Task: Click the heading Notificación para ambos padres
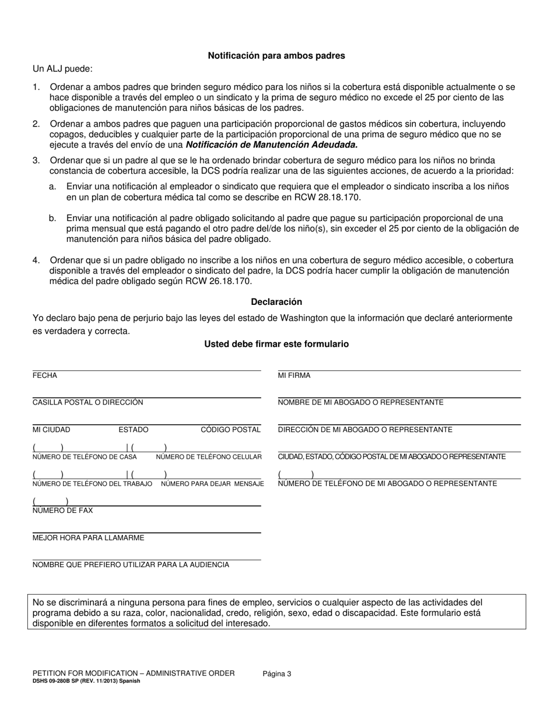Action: tap(276, 56)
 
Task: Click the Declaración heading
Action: tap(276, 302)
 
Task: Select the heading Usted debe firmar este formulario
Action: tap(276, 345)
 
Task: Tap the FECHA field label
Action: tap(45, 375)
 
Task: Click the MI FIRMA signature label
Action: tap(294, 375)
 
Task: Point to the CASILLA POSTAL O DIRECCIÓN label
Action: tap(87, 402)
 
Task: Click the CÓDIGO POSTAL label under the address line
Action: tap(231, 430)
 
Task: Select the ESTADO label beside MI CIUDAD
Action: tap(134, 430)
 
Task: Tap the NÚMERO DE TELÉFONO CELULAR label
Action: tap(209, 457)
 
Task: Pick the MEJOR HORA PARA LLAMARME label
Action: tap(88, 537)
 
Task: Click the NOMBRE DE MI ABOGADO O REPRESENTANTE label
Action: tap(360, 402)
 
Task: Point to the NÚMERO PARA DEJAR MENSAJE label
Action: tap(212, 484)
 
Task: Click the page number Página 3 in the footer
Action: tap(277, 674)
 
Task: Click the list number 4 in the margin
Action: tap(36, 261)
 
